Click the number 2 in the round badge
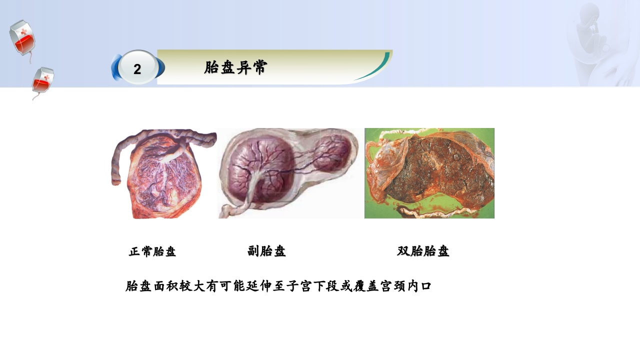(137, 69)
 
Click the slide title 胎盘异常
(235, 67)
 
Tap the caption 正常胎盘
(152, 251)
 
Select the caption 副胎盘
(266, 251)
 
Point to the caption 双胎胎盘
(423, 251)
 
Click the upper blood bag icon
(21, 37)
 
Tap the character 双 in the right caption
(403, 251)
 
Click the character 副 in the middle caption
(253, 251)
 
